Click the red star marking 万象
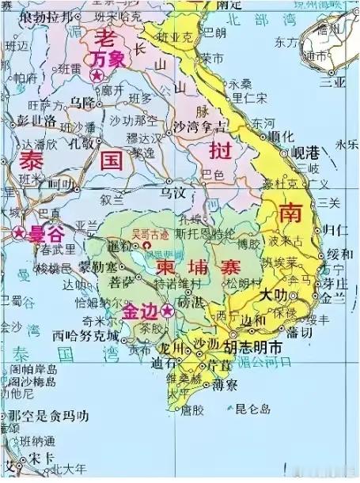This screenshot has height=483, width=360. coord(97,76)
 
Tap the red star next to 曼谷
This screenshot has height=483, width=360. coord(17,233)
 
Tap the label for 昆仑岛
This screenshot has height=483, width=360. coord(253,409)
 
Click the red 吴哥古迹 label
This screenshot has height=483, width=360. coord(150,234)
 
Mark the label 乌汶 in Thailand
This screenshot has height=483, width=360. coord(172,192)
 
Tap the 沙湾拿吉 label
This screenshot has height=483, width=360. coord(197,126)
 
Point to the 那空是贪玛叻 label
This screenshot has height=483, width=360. coord(48,416)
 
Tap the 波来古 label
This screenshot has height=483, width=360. coord(286,240)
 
